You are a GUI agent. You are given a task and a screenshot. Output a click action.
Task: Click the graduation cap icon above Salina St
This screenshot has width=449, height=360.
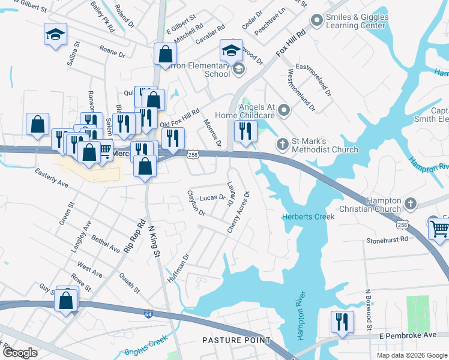[x=55, y=34]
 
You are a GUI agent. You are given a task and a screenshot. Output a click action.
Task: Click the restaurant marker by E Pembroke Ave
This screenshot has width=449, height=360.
[x=342, y=322]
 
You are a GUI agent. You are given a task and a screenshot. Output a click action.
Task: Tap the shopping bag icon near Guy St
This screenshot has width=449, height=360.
[x=67, y=298]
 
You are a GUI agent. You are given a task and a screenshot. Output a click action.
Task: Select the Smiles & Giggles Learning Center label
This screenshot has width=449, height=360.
[x=357, y=22]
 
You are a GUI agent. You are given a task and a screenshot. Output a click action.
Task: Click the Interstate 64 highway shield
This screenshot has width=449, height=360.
[x=148, y=314]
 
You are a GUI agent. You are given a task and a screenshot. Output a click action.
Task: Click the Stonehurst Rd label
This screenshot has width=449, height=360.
[x=387, y=239]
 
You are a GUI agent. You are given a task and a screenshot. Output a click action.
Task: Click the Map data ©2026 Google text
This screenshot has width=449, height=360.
[x=411, y=355]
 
